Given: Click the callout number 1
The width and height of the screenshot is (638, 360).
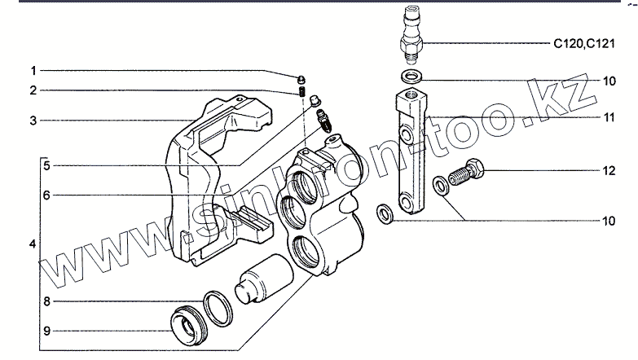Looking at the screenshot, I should coord(33,69).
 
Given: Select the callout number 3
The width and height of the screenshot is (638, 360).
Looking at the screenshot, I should coord(33,121).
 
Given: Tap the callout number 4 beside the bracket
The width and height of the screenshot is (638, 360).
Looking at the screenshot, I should coord(32,244).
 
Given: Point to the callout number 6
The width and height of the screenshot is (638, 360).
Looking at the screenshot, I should coord(47,195).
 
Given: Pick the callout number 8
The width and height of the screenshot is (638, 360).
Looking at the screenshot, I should coord(47,301).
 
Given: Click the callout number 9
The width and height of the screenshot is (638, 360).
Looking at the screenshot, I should coord(47,331).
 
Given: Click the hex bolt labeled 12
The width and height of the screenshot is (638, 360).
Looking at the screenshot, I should coord(470,173).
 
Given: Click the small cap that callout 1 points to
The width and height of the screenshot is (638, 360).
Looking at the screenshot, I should coord(301,77).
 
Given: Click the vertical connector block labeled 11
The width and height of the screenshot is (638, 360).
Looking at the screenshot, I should coord(410,155).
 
